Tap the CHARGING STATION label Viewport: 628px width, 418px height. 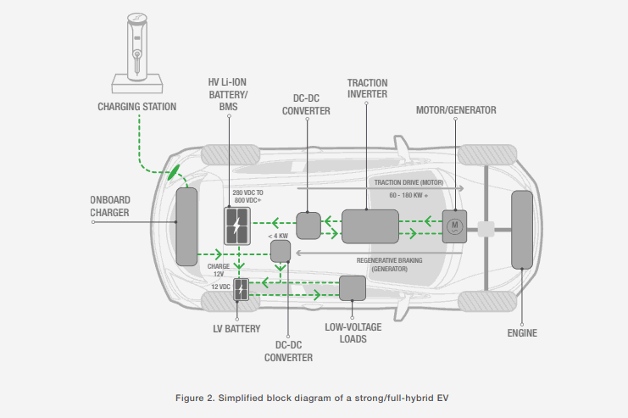(x=137, y=107)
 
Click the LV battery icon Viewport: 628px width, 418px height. (x=242, y=292)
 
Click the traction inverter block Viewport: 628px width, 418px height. (x=370, y=226)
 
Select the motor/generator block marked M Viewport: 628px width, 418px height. (x=454, y=226)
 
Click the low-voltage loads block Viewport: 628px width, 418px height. (x=351, y=287)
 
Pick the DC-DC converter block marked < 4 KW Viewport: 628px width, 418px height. (x=280, y=250)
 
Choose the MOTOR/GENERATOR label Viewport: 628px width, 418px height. (x=456, y=110)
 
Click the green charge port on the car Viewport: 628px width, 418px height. (x=175, y=172)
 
